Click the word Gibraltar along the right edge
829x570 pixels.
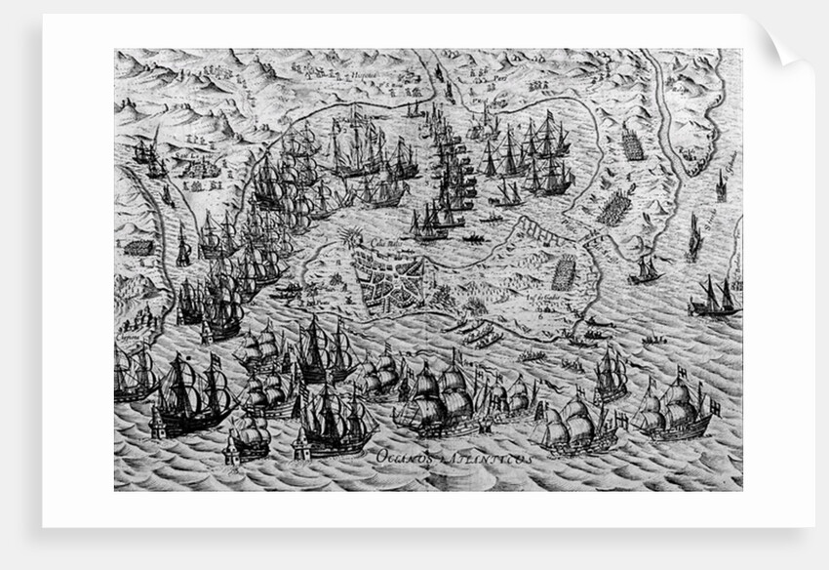coord(729,156)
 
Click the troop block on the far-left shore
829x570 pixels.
coord(138,247)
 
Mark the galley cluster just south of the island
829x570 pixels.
coord(478,332)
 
